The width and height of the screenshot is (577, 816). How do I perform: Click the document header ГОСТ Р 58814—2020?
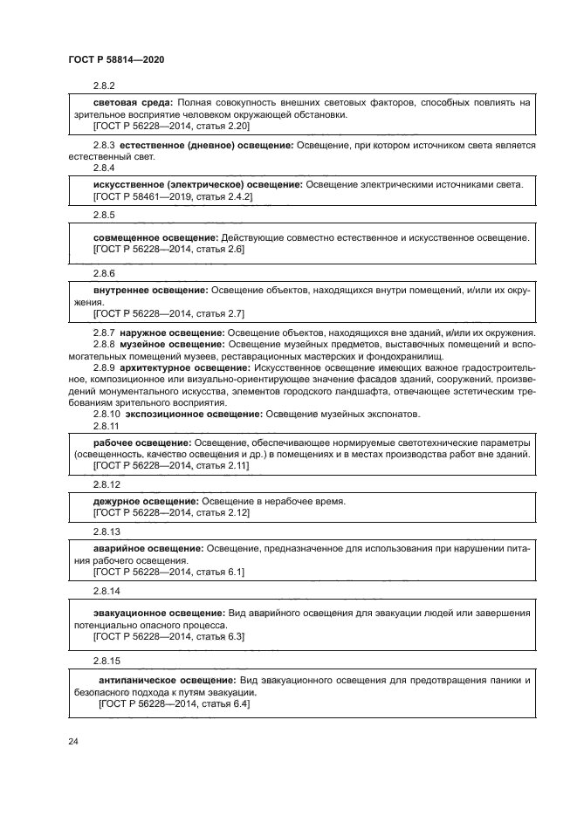click(x=116, y=59)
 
